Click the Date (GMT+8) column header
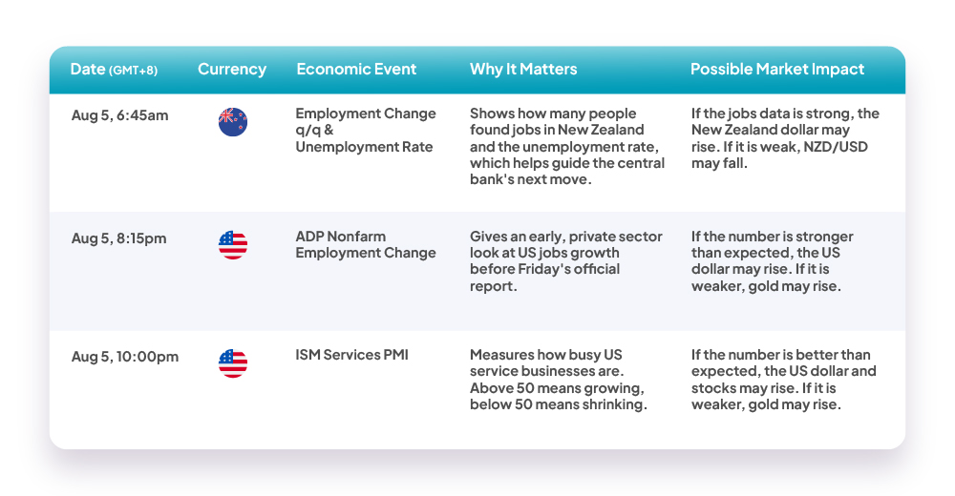(114, 70)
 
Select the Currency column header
(232, 70)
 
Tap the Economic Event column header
(356, 69)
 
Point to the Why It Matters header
(523, 69)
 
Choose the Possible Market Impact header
(777, 69)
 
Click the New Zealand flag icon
(233, 122)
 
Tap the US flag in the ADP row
(233, 245)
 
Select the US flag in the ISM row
(233, 363)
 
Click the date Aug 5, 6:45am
(119, 115)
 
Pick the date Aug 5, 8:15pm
(118, 238)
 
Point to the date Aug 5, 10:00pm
(125, 357)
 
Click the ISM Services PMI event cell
(352, 355)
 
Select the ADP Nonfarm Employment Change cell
(366, 244)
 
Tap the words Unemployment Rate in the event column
(364, 147)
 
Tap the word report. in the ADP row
(494, 286)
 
